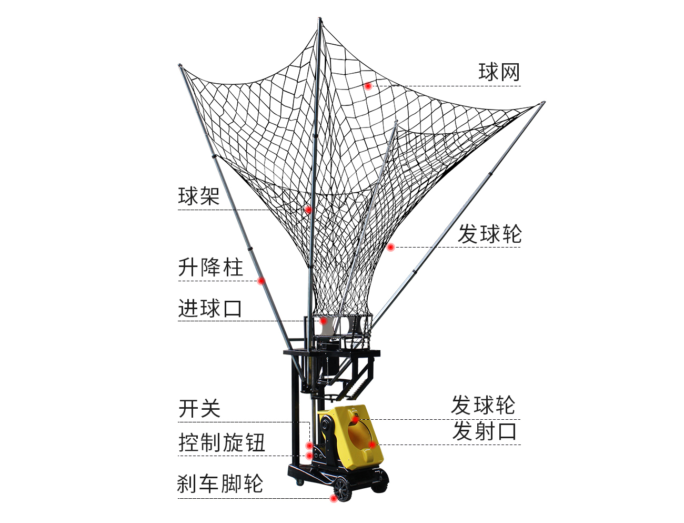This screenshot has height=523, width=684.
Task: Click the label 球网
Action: (x=499, y=72)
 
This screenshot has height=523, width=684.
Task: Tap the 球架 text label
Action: (x=199, y=196)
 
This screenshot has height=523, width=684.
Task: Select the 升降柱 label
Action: (x=210, y=267)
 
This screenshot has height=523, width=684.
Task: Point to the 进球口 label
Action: (x=210, y=308)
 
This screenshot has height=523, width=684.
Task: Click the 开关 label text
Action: (x=199, y=409)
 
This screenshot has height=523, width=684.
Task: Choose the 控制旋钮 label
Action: (x=222, y=442)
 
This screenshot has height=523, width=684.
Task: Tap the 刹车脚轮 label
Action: (x=220, y=483)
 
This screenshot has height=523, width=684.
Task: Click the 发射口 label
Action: (x=484, y=431)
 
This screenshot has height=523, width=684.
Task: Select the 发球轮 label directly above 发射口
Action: (x=483, y=405)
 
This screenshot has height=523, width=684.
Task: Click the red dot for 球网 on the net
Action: (x=368, y=86)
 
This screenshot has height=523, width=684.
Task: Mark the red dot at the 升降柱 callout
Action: (x=261, y=281)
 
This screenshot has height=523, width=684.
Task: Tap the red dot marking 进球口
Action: (x=324, y=321)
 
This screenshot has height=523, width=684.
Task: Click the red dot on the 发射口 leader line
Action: (x=372, y=445)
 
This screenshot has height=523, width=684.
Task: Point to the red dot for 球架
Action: (x=308, y=210)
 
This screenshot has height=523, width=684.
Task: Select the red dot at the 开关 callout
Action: (x=309, y=445)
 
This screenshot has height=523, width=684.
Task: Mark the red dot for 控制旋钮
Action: (x=309, y=456)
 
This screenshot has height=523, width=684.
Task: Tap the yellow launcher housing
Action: (x=350, y=437)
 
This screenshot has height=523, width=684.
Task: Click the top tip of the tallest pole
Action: (x=320, y=18)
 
